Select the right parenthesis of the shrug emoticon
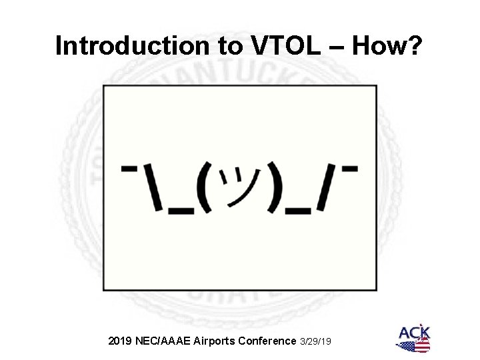point(270,188)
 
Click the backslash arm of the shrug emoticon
point(151,187)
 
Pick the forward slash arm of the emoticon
point(327,187)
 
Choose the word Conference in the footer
point(270,341)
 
